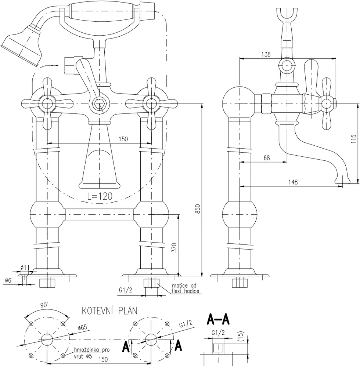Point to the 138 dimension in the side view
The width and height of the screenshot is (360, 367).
click(x=266, y=54)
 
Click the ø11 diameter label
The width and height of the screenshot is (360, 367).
click(x=25, y=267)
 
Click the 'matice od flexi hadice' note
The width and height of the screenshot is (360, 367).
click(x=185, y=288)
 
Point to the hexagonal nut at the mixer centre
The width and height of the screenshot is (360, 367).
click(x=99, y=104)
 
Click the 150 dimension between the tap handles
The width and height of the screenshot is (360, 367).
click(x=123, y=139)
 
